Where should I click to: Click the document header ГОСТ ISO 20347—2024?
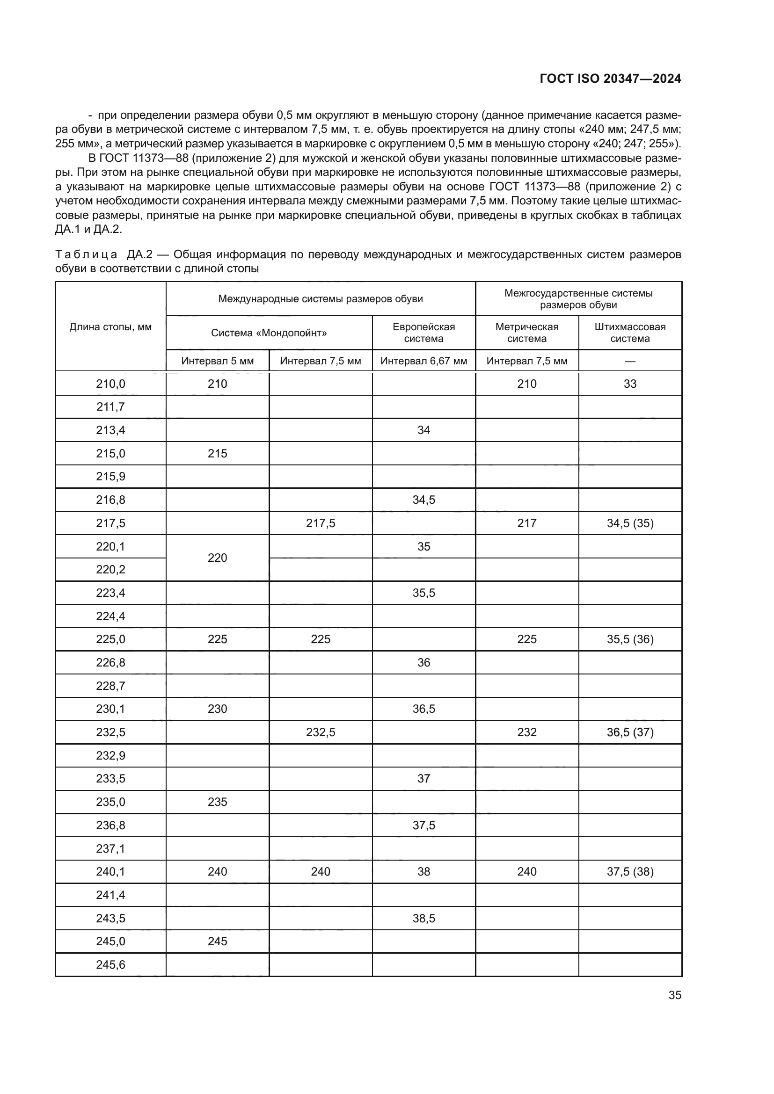[610, 79]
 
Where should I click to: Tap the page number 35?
[674, 995]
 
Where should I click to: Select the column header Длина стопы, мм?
[110, 327]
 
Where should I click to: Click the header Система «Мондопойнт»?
[269, 333]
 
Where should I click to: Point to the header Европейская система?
[424, 333]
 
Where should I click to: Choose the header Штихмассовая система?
[630, 333]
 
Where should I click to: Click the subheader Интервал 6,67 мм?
[424, 361]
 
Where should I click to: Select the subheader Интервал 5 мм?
[217, 361]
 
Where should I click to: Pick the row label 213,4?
[110, 430]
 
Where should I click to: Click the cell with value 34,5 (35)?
[630, 523]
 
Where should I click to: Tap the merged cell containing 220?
[217, 558]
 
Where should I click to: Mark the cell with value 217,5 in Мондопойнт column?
[320, 523]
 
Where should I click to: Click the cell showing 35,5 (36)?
[630, 639]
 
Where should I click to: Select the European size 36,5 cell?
[424, 709]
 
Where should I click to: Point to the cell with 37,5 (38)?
[630, 871]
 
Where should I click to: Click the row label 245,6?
[110, 964]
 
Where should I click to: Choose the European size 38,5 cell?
[424, 918]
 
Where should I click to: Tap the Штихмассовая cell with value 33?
[630, 384]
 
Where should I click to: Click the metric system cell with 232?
[526, 732]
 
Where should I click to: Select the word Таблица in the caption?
[86, 254]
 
